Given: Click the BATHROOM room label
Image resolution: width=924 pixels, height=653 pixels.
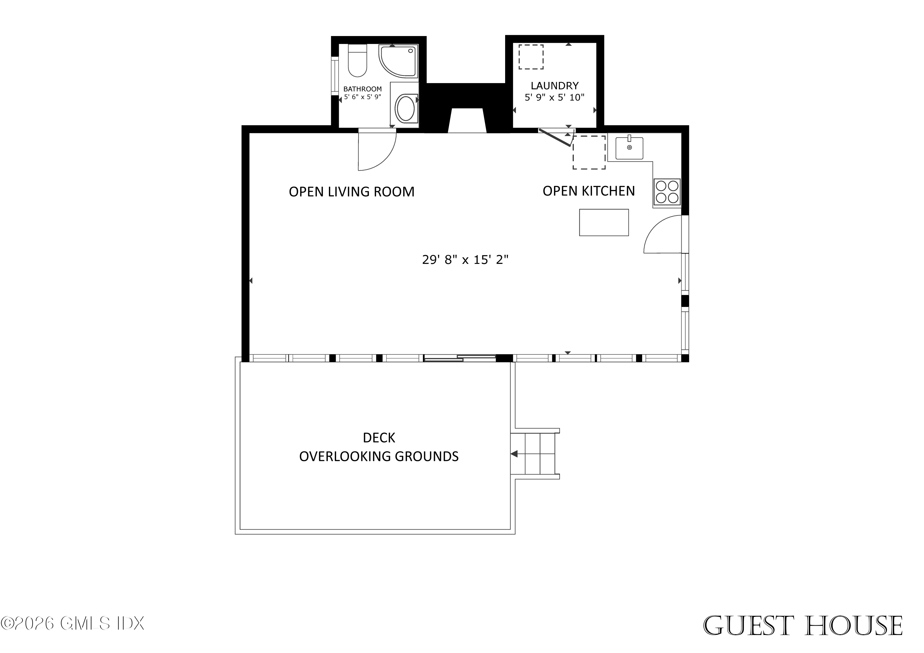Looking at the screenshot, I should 362,89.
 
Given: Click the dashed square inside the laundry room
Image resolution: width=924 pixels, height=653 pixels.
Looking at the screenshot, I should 530,57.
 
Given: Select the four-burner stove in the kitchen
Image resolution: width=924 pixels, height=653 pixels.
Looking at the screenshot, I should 667,192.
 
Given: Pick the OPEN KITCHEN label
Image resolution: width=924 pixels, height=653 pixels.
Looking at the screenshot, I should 588,191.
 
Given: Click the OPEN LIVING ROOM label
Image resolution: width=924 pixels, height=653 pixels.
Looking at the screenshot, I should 351,192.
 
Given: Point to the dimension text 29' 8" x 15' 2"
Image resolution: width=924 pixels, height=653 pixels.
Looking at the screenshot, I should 465,260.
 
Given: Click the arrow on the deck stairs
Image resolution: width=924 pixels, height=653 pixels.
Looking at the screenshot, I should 514,454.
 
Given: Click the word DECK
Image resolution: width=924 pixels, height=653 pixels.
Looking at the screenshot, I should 379,438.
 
